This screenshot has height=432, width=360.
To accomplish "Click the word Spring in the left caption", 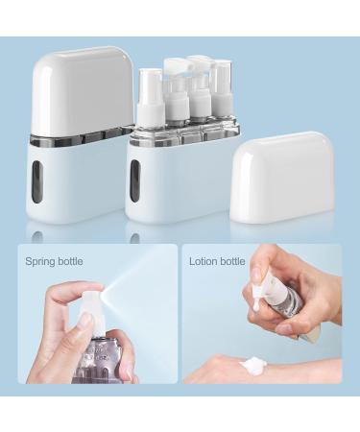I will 36,261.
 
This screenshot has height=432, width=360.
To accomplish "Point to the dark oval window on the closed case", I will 53,178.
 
